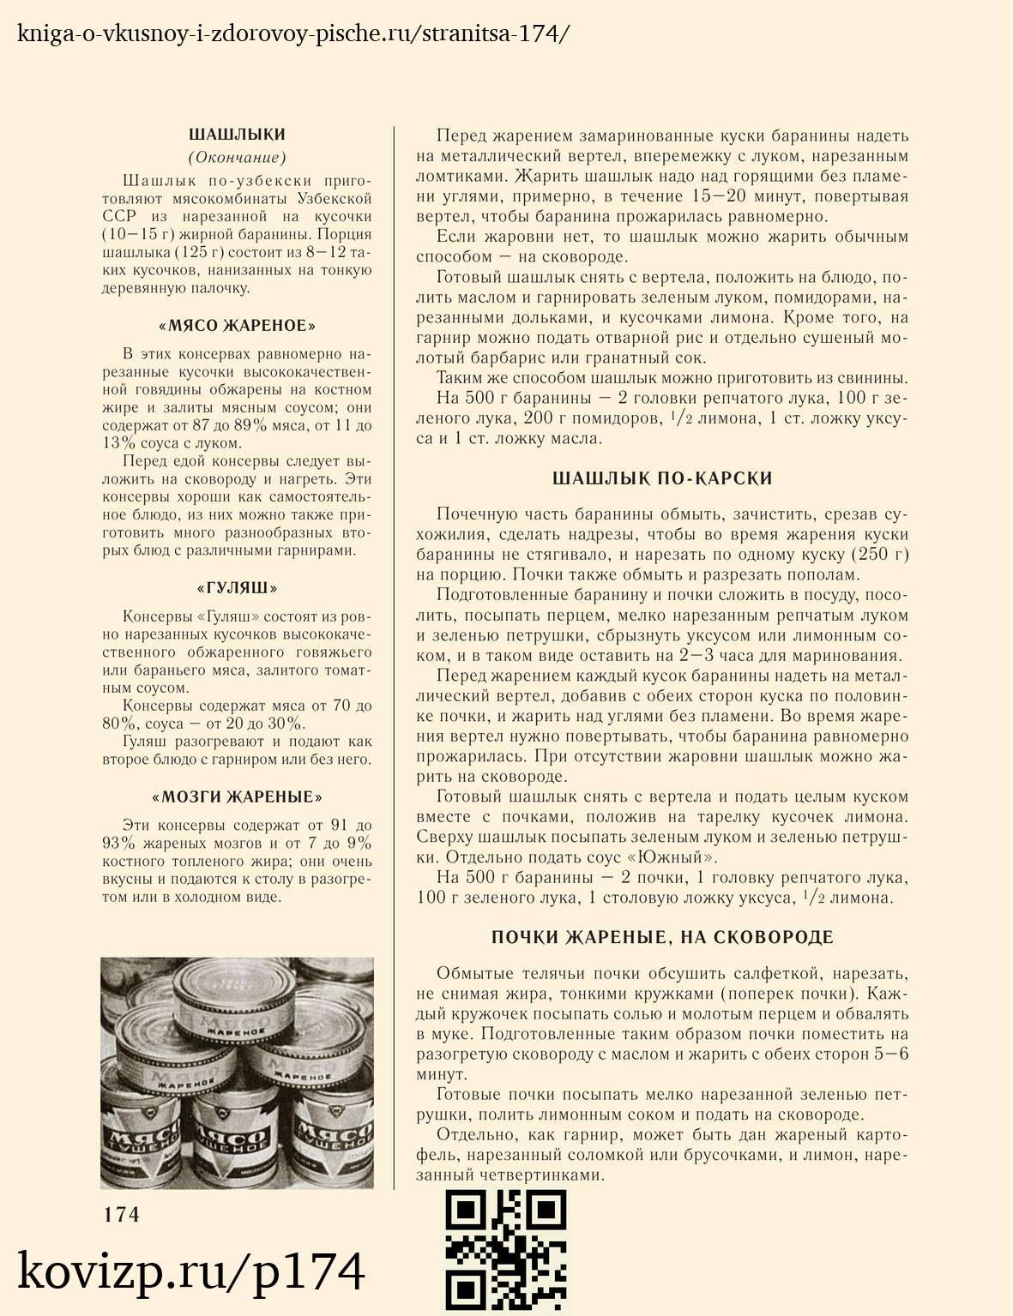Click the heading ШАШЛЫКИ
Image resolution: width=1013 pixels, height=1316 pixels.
tap(237, 135)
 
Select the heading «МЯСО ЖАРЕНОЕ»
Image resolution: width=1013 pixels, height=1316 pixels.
tap(237, 326)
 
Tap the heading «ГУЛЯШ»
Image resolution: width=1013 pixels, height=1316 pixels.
tap(237, 588)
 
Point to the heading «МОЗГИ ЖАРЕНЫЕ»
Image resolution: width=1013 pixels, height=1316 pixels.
tap(237, 797)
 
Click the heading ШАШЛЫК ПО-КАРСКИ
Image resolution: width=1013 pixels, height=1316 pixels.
tap(662, 478)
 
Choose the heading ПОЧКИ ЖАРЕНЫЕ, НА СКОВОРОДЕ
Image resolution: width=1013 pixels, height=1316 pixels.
tap(662, 937)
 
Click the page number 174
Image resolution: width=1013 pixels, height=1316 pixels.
tap(121, 1215)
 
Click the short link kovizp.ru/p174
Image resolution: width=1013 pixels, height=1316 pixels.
tap(191, 1271)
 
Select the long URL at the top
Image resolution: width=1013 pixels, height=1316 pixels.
tap(292, 34)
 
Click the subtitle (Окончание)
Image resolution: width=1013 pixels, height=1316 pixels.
tap(237, 157)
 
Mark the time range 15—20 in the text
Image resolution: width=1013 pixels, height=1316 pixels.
tap(725, 196)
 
